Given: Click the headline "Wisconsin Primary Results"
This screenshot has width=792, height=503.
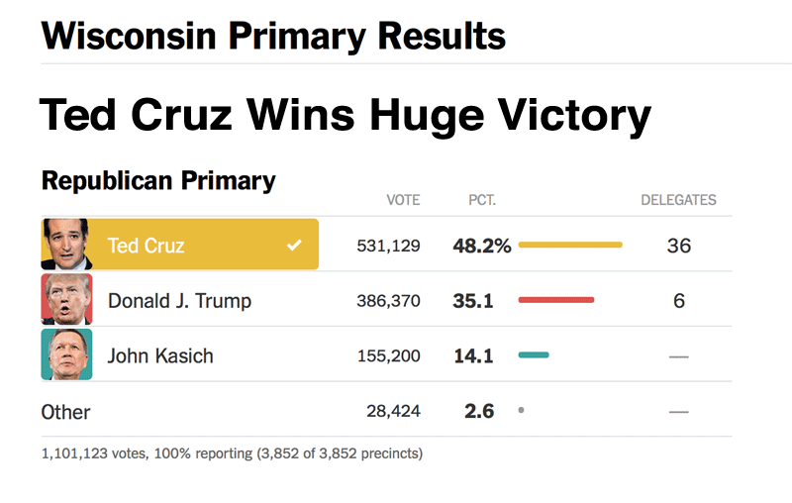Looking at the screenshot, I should click(x=273, y=36).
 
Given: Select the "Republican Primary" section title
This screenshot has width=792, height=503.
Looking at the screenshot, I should click(x=158, y=181).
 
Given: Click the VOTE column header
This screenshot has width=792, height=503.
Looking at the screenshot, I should click(x=403, y=200).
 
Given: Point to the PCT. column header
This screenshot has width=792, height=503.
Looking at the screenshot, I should click(x=482, y=200).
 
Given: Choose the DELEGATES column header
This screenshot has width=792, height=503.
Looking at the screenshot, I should click(x=678, y=200).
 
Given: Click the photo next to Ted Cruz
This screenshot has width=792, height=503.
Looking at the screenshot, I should click(x=66, y=245).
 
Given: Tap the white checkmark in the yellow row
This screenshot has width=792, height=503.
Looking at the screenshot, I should click(x=294, y=246).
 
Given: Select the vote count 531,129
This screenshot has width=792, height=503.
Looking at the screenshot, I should click(x=388, y=246).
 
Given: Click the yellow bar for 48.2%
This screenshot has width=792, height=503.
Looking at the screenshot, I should click(x=570, y=245).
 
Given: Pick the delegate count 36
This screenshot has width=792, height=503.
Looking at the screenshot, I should click(x=678, y=246).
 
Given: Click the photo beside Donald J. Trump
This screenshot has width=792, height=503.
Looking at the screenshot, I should click(x=66, y=299).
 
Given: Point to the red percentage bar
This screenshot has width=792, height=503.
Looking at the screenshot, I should click(x=556, y=299).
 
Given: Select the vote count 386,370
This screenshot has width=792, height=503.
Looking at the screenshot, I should click(x=388, y=300).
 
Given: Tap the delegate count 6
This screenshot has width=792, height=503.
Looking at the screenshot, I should click(x=678, y=300).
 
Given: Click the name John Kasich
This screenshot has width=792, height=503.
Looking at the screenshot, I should click(x=160, y=355).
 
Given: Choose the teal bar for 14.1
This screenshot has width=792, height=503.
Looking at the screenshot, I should click(x=534, y=354).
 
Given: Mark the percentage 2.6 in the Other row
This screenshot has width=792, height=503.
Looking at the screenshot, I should click(x=479, y=411).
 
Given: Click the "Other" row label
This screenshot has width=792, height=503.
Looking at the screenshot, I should click(x=65, y=412).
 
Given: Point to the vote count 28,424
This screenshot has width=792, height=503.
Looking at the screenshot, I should click(x=393, y=411).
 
